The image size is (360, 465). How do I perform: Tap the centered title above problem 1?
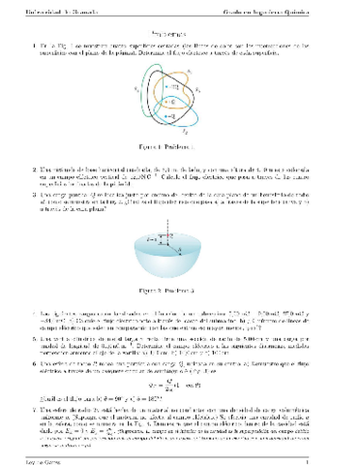click(x=179, y=32)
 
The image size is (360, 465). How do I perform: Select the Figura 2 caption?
click(x=179, y=289)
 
